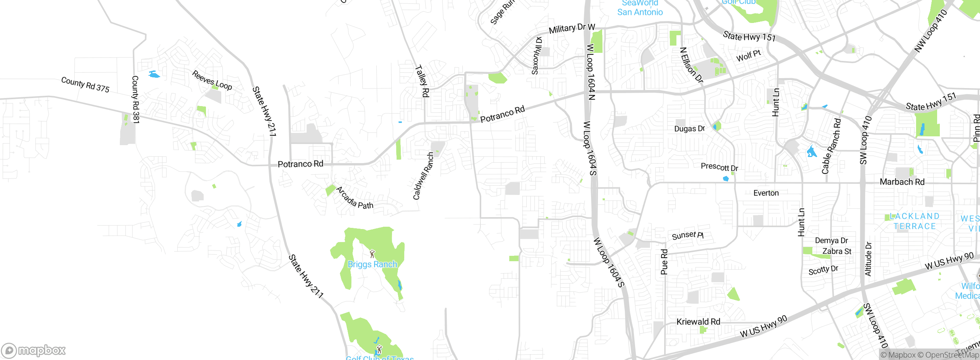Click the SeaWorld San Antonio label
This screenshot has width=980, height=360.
click(x=640, y=8)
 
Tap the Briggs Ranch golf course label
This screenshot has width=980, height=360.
click(x=372, y=264)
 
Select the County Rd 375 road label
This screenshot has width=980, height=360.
click(x=85, y=85)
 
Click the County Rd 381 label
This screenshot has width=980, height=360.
click(x=135, y=99)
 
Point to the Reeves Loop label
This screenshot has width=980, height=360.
click(x=212, y=80)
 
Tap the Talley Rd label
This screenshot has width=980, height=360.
click(x=422, y=81)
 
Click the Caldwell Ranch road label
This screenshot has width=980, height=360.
click(x=423, y=176)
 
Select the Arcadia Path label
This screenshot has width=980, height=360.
click(x=354, y=198)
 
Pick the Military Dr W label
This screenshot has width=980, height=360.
click(x=572, y=28)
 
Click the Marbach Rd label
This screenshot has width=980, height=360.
click(x=902, y=182)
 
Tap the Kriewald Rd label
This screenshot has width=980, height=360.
click(x=698, y=322)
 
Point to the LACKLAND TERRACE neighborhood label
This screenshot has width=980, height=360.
click(x=915, y=221)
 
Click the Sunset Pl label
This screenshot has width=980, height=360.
click(x=688, y=235)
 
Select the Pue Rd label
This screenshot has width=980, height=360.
click(x=664, y=262)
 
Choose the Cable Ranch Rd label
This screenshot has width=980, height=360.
click(x=831, y=146)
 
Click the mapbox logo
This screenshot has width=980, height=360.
click(x=34, y=350)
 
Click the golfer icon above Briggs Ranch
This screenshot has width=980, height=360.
click(x=372, y=254)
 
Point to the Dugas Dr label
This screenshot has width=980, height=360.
click(x=689, y=129)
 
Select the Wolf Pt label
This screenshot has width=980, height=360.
click(x=748, y=56)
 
